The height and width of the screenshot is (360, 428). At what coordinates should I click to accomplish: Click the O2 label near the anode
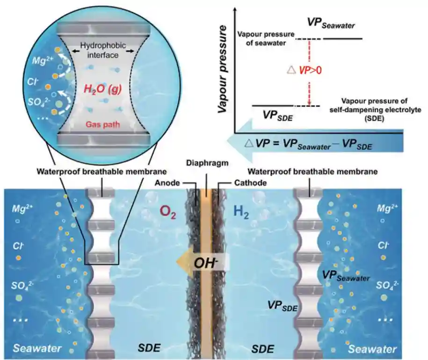pyautogui.click(x=167, y=212)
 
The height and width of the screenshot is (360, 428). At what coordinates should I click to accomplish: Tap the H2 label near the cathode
pyautogui.click(x=241, y=212)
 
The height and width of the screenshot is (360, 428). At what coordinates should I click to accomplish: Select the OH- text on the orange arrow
pyautogui.click(x=205, y=263)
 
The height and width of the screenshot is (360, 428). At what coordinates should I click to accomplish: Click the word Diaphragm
pyautogui.click(x=207, y=163)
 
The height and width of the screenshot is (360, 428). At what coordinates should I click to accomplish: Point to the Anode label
pyautogui.click(x=167, y=183)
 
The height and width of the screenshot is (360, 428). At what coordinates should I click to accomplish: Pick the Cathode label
pyautogui.click(x=250, y=183)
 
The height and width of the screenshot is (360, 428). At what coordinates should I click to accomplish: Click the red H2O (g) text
pyautogui.click(x=102, y=89)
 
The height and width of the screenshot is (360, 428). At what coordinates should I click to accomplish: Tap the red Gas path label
pyautogui.click(x=102, y=125)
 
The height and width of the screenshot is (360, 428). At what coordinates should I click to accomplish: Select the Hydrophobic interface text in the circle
pyautogui.click(x=103, y=50)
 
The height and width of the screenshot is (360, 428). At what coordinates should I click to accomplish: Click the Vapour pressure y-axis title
pyautogui.click(x=223, y=69)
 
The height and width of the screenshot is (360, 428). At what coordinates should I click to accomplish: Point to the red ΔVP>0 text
pyautogui.click(x=305, y=70)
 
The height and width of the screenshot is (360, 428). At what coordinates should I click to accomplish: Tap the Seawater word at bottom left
pyautogui.click(x=37, y=348)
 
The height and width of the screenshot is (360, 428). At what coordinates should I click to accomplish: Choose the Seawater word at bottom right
pyautogui.click(x=372, y=349)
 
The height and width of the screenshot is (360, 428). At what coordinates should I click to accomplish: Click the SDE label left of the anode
pyautogui.click(x=149, y=348)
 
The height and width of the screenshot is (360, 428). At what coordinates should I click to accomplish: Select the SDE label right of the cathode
pyautogui.click(x=262, y=349)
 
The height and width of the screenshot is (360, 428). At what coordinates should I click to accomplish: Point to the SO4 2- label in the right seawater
pyautogui.click(x=387, y=286)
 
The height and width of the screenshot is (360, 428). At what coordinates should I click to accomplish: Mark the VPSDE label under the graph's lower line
pyautogui.click(x=277, y=116)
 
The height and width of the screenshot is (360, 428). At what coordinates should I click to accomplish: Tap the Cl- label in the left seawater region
pyautogui.click(x=18, y=246)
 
